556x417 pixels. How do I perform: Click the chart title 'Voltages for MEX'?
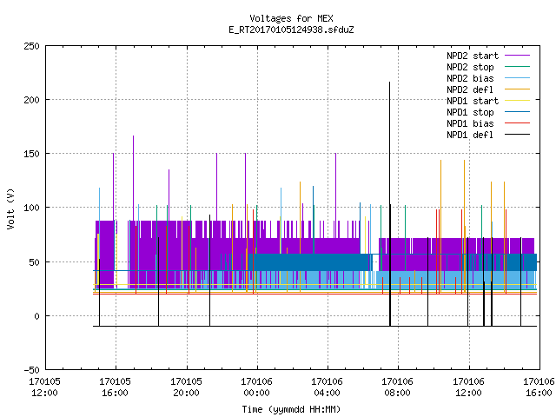(x=291, y=18)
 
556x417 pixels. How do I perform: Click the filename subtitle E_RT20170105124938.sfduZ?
(x=291, y=30)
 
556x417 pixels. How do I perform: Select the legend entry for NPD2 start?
(x=488, y=56)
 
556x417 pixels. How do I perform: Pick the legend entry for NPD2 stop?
(x=488, y=67)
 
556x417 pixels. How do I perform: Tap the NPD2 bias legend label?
(x=470, y=78)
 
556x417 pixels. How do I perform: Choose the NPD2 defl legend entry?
(x=488, y=89)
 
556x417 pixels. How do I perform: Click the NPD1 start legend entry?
(x=488, y=101)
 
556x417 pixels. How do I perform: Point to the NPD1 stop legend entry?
(x=488, y=112)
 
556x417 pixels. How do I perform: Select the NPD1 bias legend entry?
(x=488, y=123)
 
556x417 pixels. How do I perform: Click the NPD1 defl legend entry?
(x=488, y=136)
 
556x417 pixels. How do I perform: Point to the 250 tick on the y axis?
(x=31, y=46)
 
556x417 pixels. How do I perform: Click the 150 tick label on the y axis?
(x=31, y=154)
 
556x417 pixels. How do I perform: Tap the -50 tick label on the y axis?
(x=31, y=370)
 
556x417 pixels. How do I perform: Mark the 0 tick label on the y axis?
(x=36, y=316)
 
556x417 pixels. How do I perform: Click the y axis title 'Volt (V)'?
(x=10, y=208)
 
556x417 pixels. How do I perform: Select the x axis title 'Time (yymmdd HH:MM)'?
(x=291, y=409)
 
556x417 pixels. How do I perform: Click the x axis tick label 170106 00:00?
(x=257, y=387)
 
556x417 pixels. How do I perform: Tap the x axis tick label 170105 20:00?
(x=186, y=387)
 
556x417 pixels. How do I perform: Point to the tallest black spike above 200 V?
(x=390, y=204)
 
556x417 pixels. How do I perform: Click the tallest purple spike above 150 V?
(x=133, y=178)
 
